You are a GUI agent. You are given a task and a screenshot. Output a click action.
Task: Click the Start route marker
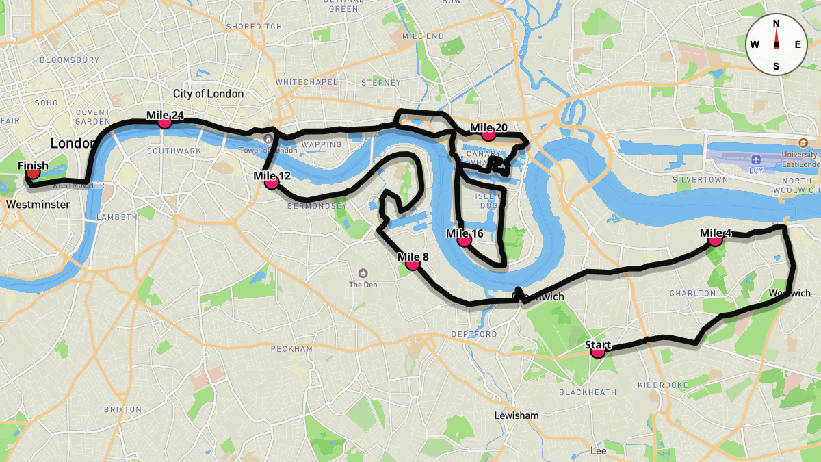coord(598,351)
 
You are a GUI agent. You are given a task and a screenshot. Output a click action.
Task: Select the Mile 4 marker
coord(715,239)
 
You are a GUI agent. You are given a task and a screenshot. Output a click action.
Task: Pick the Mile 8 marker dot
coord(413,263)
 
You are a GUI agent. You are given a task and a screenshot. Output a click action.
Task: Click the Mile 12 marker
coord(271,182)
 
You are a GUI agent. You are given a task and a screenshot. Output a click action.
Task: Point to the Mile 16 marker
coord(464,240)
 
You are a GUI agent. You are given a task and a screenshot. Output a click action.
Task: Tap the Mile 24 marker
coord(164,121)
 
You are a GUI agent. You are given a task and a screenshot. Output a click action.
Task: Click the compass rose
coord(776,44)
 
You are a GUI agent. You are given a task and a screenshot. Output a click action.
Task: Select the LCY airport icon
coord(756,159)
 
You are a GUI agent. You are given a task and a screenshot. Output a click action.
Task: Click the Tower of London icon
coord(268,140)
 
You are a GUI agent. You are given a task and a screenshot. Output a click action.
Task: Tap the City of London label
coord(208,94)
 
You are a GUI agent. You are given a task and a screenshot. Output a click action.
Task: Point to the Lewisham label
coord(517,415)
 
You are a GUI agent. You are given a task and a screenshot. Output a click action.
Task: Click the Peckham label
coord(291,349)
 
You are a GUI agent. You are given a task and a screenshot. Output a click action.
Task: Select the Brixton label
coord(122,409)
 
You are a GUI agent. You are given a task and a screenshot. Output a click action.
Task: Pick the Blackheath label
coord(588,392)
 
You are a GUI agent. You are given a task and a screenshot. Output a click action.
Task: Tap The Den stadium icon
coord(363,272)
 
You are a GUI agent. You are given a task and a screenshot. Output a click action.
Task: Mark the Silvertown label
coord(700,179)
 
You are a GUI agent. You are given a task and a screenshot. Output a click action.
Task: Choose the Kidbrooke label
coord(662,385)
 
